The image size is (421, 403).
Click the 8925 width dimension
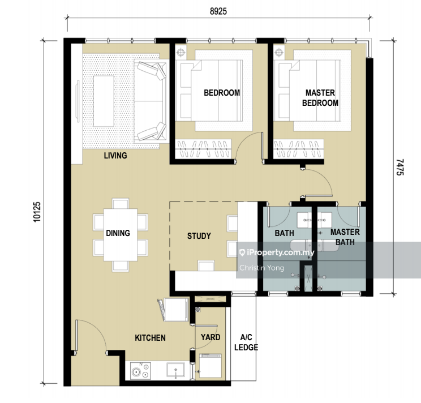(218, 11)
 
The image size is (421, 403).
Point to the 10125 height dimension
(37, 212)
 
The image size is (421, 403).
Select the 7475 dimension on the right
(400, 168)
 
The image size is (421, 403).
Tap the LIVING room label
(115, 156)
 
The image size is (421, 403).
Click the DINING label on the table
(118, 233)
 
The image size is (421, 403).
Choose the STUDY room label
(199, 236)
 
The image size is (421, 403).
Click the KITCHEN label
(150, 338)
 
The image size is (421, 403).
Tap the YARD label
(211, 337)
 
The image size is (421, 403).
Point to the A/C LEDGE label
(246, 342)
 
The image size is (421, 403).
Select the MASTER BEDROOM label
(320, 98)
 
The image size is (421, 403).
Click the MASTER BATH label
(345, 237)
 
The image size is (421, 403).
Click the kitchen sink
(175, 370)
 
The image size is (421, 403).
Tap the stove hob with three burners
(140, 371)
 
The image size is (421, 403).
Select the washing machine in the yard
(211, 366)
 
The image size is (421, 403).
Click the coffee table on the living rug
(104, 101)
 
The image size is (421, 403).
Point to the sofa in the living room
(151, 101)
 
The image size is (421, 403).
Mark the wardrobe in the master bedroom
(299, 149)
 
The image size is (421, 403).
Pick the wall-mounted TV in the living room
(78, 101)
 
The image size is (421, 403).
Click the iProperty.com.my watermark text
(277, 252)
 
